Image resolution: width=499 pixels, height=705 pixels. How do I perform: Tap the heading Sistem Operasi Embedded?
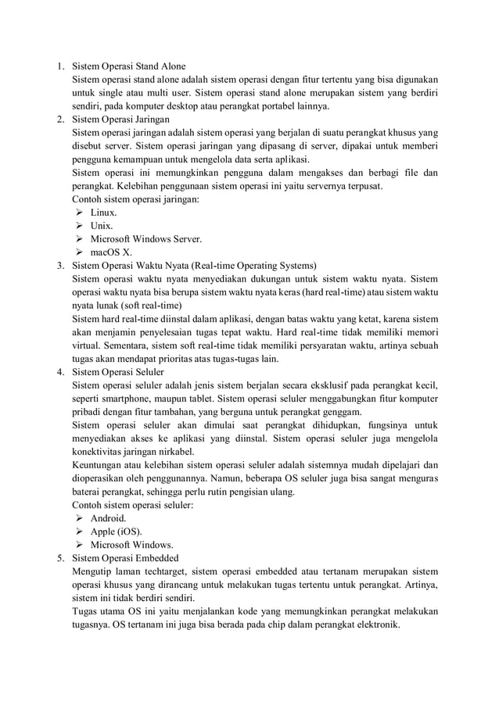click(x=125, y=558)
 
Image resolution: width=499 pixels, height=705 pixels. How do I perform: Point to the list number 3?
click(x=59, y=266)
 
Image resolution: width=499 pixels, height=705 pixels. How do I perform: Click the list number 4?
click(x=59, y=372)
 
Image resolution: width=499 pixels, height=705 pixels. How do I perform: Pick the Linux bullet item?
click(x=103, y=213)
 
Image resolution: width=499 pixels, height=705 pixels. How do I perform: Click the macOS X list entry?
click(x=111, y=252)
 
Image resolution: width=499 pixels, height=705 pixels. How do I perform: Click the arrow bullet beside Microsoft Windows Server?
click(x=79, y=239)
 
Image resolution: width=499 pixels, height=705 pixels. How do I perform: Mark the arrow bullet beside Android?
click(x=79, y=518)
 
